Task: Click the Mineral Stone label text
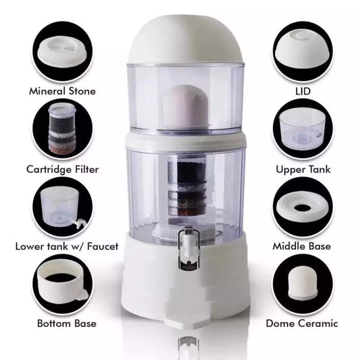click(61, 91)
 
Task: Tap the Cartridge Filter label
click(63, 169)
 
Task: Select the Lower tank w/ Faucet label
click(63, 246)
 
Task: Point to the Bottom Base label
click(63, 323)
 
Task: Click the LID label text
click(303, 91)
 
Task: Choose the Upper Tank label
click(303, 169)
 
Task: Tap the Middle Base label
click(303, 246)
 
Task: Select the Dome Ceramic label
click(303, 323)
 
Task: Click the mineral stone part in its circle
click(63, 51)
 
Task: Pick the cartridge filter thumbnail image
click(63, 128)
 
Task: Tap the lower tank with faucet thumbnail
click(62, 206)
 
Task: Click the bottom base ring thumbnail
click(63, 284)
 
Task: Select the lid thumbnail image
click(302, 51)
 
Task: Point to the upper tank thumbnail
click(302, 128)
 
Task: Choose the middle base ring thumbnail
click(302, 207)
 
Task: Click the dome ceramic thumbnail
click(302, 284)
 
